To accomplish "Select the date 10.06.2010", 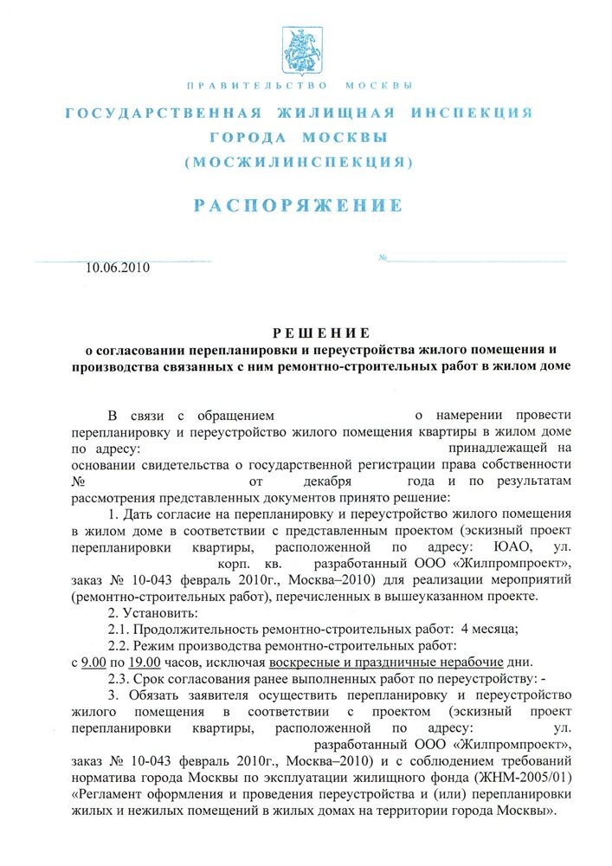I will [x=118, y=268].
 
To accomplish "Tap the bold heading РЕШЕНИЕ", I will [x=321, y=333].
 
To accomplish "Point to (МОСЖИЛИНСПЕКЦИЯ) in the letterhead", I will [x=298, y=162].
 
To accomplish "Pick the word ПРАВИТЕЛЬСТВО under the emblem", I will [x=257, y=85].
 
